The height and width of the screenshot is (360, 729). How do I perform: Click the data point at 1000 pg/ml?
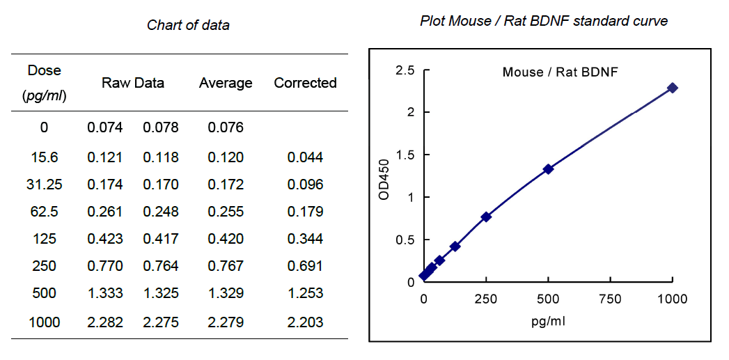672,88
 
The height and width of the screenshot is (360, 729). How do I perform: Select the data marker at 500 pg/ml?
548,169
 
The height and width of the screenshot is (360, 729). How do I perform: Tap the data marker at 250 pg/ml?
486,217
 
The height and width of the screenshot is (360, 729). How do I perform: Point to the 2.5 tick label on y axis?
405,70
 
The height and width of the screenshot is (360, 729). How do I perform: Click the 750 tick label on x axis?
610,299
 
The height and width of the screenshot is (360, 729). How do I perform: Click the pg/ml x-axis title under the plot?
547,322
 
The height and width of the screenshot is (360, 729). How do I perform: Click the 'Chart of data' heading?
188,26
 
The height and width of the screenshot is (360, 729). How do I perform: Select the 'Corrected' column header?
305,83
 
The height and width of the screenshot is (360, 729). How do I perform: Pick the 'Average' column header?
226,83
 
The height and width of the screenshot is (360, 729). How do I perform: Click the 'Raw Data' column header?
133,83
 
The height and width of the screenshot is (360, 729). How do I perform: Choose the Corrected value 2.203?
305,322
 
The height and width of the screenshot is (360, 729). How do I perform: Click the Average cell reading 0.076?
226,127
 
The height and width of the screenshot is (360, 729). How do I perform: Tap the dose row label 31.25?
45,185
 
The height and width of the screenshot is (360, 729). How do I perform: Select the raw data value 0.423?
105,239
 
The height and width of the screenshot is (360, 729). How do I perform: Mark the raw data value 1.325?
161,292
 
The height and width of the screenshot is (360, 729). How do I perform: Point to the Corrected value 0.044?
305,157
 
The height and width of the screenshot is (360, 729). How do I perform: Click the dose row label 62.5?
45,212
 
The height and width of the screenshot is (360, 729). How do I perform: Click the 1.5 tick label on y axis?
405,155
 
